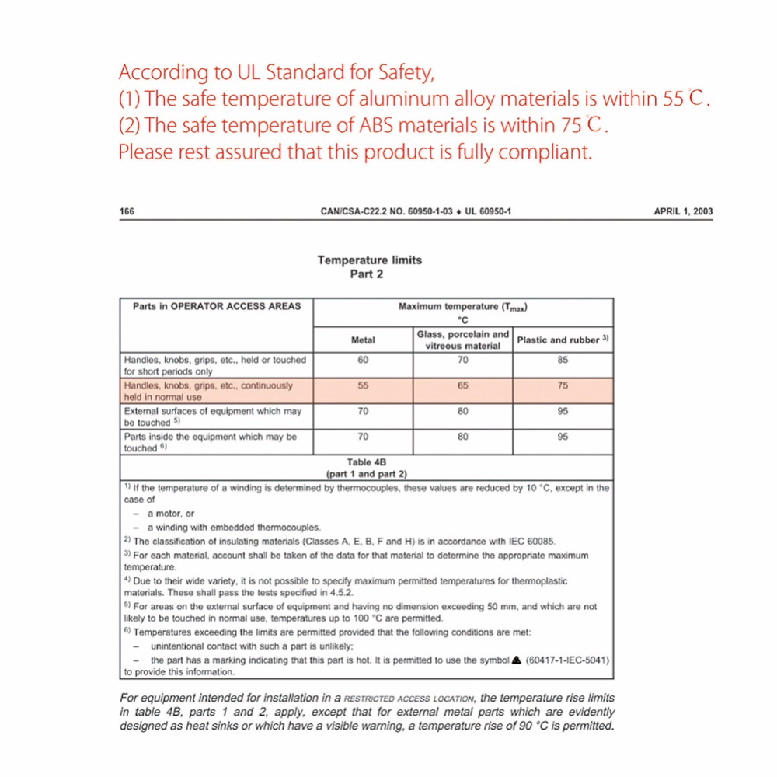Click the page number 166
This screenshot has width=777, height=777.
127,211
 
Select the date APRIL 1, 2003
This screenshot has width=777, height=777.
683,211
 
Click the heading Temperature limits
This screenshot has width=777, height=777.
369,260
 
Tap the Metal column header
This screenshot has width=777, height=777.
363,340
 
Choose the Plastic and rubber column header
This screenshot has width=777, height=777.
563,340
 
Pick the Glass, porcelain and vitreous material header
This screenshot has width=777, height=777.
463,340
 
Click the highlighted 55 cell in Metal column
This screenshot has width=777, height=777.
363,385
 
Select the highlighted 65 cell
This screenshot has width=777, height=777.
463,385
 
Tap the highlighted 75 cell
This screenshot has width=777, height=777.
563,385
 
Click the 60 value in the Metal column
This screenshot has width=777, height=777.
363,360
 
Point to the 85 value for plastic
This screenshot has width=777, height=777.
563,360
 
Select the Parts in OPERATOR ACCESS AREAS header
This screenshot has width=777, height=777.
216,306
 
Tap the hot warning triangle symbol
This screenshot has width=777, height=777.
517,660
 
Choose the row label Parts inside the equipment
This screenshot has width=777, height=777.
210,442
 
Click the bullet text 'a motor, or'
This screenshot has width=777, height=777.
170,514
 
